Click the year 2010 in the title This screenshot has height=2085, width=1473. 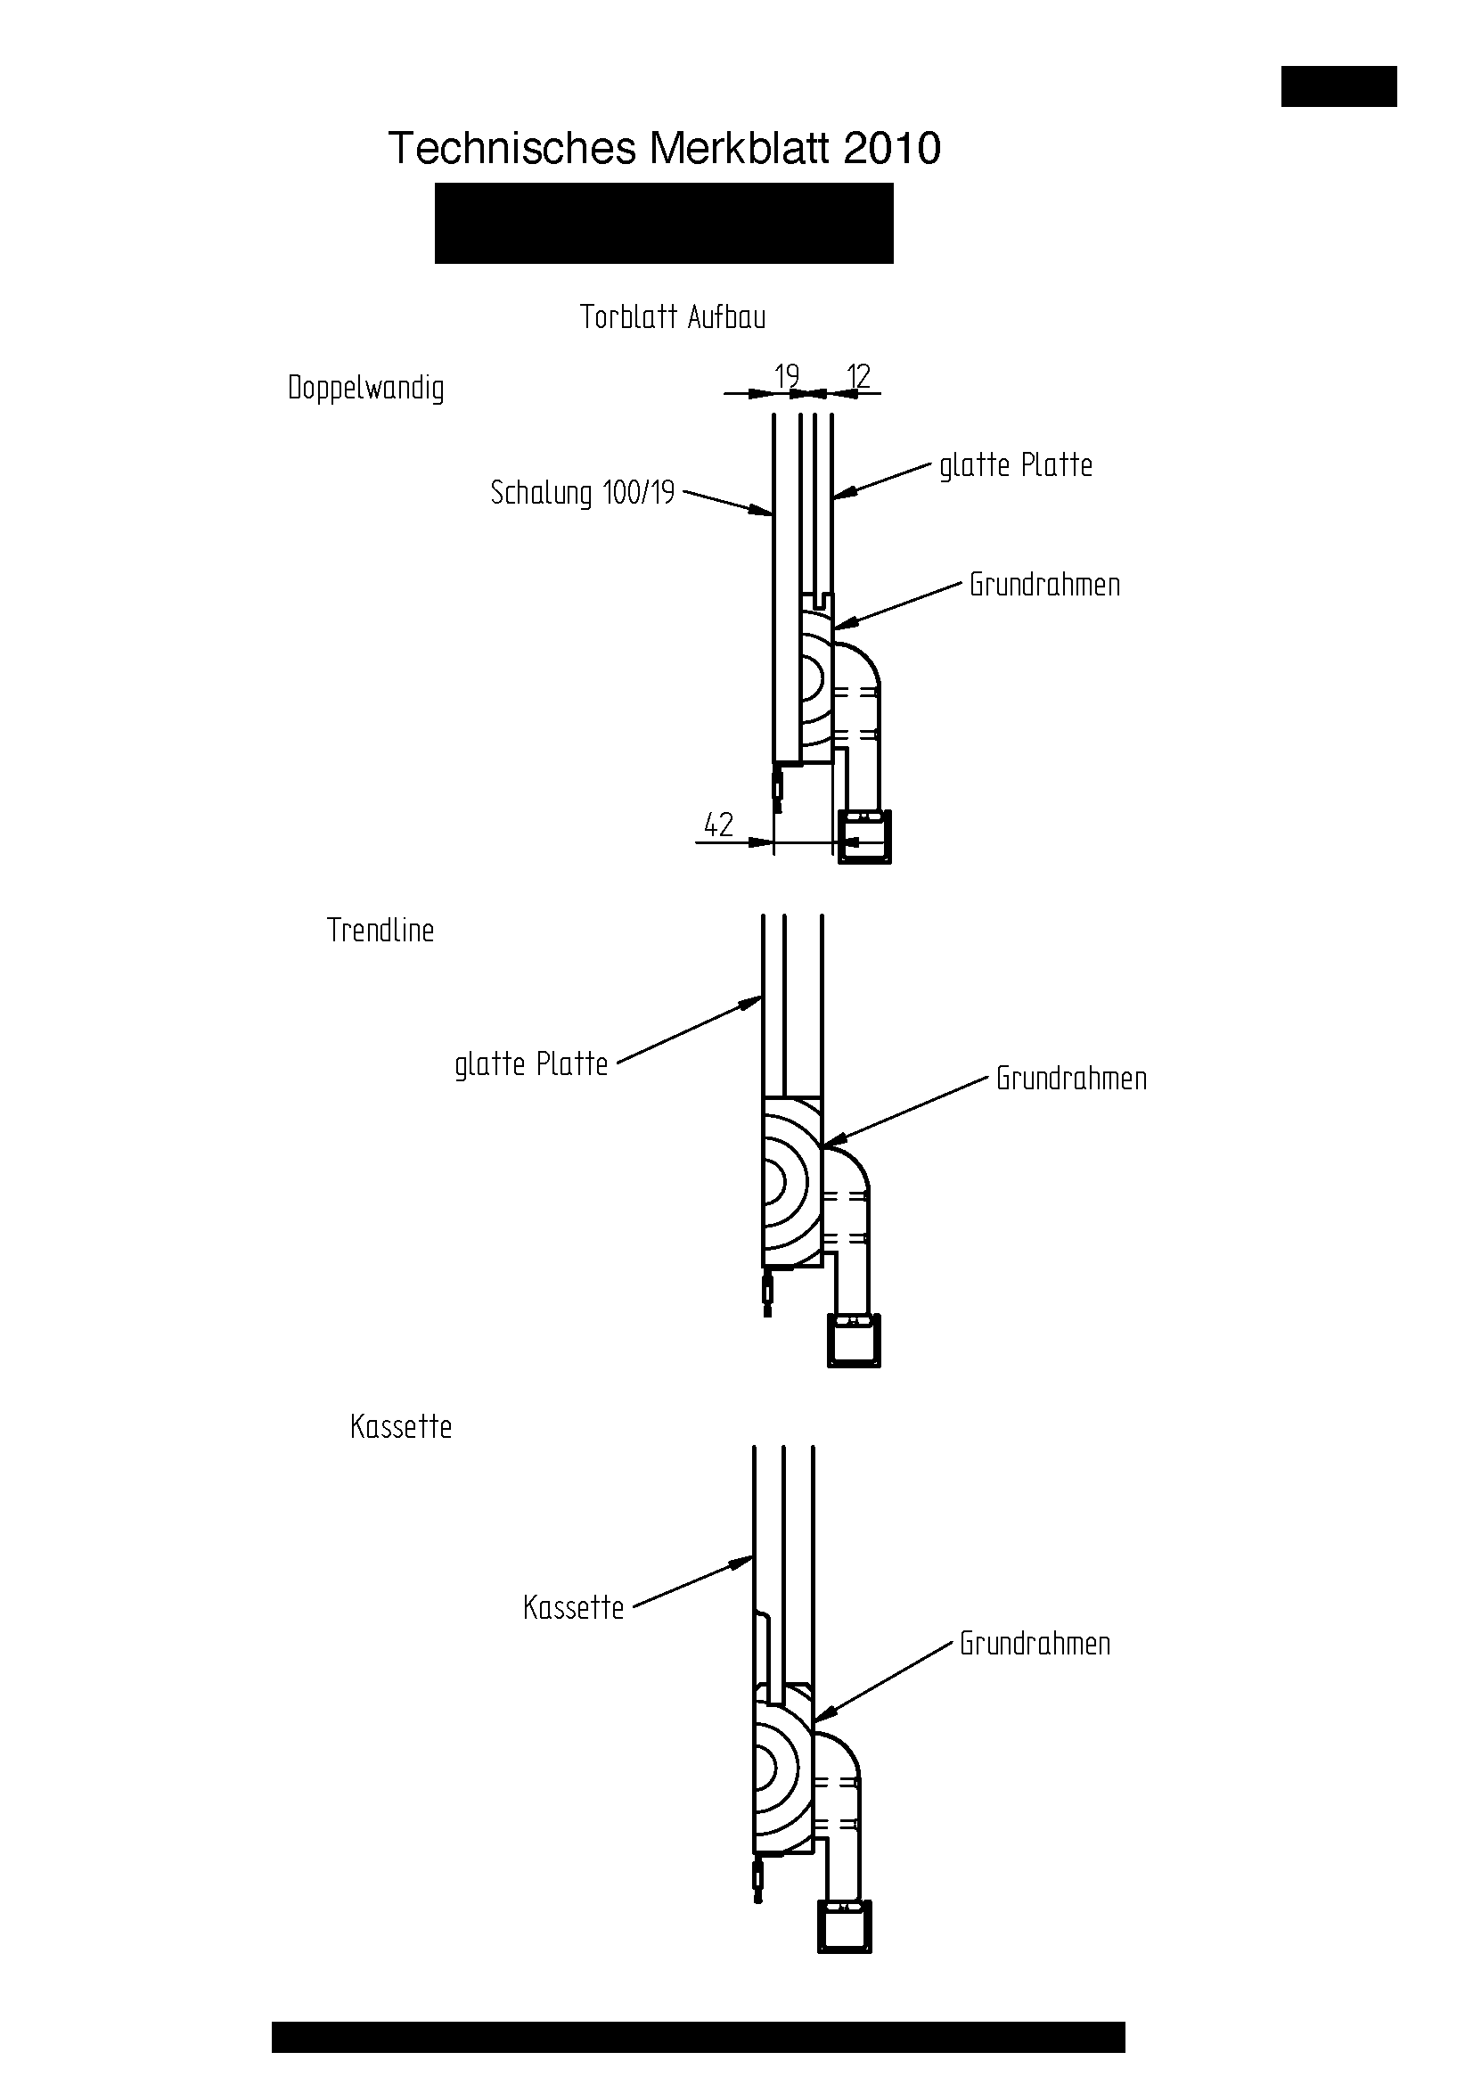[891, 149]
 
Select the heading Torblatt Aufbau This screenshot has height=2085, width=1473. [673, 317]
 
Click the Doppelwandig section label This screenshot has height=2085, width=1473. [365, 388]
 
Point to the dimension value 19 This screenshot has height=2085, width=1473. [786, 375]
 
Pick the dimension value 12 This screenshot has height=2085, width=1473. [857, 375]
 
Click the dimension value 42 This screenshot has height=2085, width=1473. [718, 825]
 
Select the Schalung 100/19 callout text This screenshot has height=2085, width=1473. [583, 492]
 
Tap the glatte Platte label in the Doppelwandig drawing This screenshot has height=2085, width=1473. [1016, 465]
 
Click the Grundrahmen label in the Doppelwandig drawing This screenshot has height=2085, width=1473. [1044, 584]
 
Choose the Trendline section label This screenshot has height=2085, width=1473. [381, 930]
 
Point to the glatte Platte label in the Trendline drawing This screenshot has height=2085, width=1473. [531, 1063]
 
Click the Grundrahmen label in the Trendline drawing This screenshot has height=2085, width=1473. [1071, 1078]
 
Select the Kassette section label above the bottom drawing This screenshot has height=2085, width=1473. [400, 1426]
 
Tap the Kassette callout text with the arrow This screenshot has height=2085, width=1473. [574, 1607]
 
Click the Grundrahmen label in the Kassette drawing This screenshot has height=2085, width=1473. [1035, 1643]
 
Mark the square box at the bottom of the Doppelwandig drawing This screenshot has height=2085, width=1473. [863, 836]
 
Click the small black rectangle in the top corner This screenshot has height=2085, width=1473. [1338, 86]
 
